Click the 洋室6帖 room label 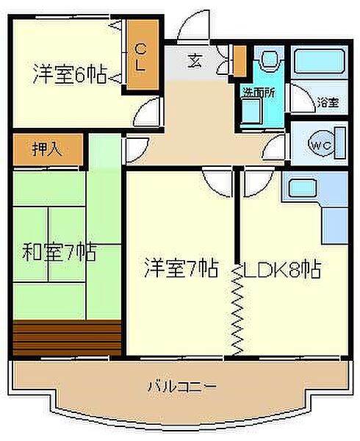(x=70, y=75)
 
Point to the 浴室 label (x=327, y=103)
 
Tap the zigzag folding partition (x=237, y=309)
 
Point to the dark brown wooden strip (x=66, y=337)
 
